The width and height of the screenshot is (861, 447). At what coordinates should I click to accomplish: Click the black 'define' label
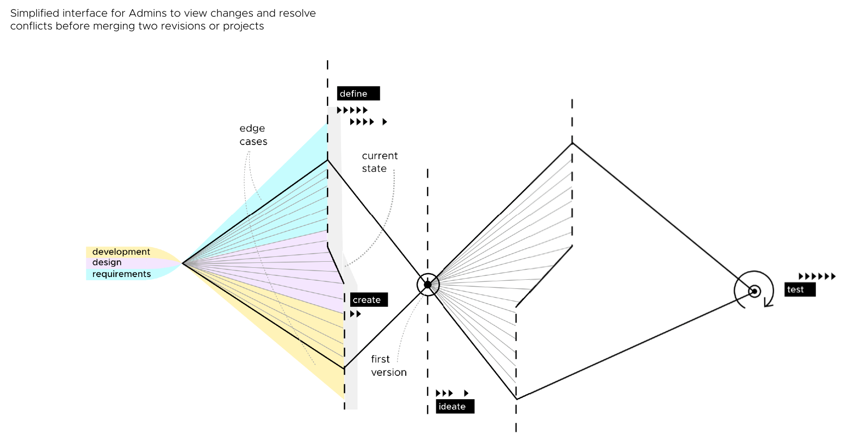tap(358, 93)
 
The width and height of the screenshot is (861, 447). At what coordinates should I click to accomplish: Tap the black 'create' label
tap(369, 300)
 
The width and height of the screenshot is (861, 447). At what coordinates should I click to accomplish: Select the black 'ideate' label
tap(454, 406)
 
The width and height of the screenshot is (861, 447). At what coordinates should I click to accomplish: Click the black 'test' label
tap(800, 289)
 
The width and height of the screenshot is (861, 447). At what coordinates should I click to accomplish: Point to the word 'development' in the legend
tap(121, 251)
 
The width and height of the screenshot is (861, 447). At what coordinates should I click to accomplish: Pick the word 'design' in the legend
tap(107, 262)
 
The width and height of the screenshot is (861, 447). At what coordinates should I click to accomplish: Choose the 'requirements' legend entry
tap(121, 274)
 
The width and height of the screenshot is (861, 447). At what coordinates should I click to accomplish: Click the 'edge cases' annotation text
tap(253, 135)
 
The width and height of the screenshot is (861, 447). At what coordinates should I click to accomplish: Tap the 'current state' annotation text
tap(380, 162)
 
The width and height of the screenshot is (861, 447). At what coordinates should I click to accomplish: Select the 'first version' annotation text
tap(388, 366)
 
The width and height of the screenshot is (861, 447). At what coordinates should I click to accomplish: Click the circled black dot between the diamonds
tap(428, 285)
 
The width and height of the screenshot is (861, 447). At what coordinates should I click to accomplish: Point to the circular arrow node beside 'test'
tap(754, 291)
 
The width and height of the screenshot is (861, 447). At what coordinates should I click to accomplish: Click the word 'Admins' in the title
tap(147, 13)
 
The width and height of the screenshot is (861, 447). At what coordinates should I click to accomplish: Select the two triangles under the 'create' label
tap(356, 314)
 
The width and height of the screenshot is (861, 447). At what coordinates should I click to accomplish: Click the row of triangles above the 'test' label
tap(817, 276)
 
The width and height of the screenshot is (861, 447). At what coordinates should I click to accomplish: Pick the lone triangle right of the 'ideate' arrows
tap(466, 393)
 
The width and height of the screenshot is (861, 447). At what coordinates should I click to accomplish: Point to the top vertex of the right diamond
tap(572, 143)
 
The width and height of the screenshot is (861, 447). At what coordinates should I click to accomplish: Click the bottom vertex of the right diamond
tap(516, 399)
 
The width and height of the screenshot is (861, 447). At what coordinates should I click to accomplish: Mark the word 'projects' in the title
tap(243, 26)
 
